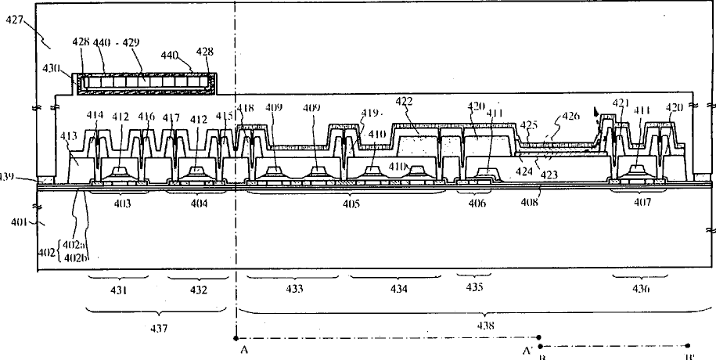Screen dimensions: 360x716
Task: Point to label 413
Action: [69, 135]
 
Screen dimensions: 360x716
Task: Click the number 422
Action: [405, 102]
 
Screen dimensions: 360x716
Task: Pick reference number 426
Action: [571, 117]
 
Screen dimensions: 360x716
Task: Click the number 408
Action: [530, 203]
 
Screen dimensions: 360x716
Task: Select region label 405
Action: [351, 204]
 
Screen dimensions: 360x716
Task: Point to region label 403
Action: [121, 203]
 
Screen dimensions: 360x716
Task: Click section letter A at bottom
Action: [245, 351]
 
